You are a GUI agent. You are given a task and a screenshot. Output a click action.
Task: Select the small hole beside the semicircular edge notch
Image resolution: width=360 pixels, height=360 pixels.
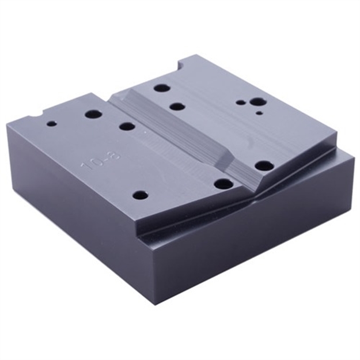[52, 123]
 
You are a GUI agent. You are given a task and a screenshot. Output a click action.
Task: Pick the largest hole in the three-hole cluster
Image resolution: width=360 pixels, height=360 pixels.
[258, 102]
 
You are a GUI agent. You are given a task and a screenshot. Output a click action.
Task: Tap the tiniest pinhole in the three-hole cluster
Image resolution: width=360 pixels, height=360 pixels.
[259, 114]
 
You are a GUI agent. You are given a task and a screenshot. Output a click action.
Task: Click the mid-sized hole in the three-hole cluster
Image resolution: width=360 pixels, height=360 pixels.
[241, 103]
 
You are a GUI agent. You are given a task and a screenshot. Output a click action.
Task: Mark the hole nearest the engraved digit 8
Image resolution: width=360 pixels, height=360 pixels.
[127, 126]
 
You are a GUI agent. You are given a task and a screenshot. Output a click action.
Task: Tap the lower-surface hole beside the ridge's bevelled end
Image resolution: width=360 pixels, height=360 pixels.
[223, 184]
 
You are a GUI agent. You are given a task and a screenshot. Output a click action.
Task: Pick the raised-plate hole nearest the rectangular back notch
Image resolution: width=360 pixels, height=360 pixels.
[162, 88]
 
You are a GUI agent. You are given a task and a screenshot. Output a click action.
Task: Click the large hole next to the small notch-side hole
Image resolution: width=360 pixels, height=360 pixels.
[93, 113]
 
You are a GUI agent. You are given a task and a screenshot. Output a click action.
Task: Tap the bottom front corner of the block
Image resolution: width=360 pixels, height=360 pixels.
[154, 303]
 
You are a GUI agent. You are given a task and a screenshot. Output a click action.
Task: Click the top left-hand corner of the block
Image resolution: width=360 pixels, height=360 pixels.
[8, 125]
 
